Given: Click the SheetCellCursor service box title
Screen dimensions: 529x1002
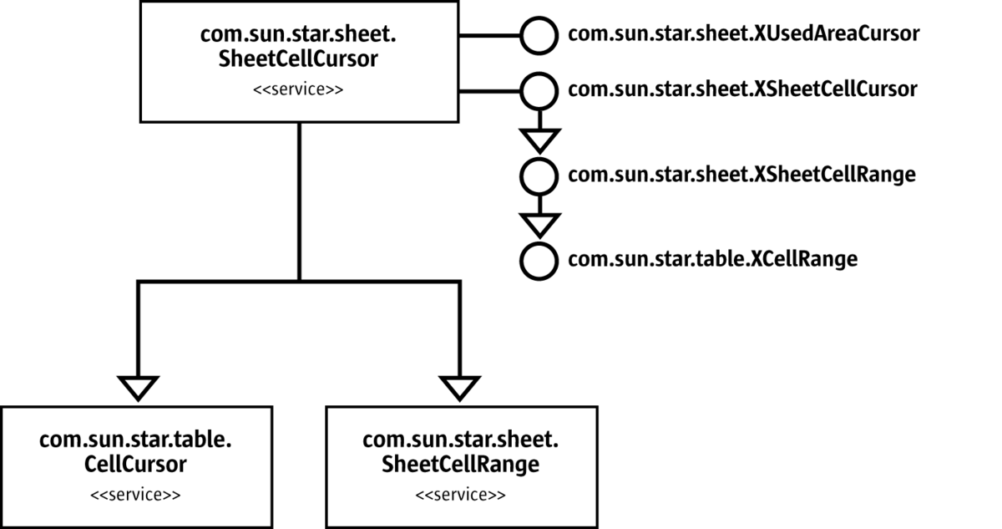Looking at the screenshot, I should [x=298, y=47].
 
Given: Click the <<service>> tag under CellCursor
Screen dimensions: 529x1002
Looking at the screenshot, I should [x=135, y=494].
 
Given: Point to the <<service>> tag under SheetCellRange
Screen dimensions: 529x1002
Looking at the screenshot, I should [x=461, y=494].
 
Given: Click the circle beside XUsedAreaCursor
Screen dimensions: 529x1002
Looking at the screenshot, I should [x=539, y=35].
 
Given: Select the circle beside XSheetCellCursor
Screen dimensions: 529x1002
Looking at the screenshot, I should [x=539, y=89].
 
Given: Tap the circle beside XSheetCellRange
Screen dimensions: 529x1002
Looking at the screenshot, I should [x=539, y=175].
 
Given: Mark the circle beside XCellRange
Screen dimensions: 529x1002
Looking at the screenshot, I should [x=539, y=260].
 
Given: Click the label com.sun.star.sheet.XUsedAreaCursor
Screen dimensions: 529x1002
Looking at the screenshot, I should [x=743, y=34].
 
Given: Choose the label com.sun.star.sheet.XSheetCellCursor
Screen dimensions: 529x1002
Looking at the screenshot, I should [x=742, y=89].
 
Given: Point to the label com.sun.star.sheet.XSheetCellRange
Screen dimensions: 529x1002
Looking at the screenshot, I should [x=741, y=175].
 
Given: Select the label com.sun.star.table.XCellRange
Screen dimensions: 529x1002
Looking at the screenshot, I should [x=712, y=260].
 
